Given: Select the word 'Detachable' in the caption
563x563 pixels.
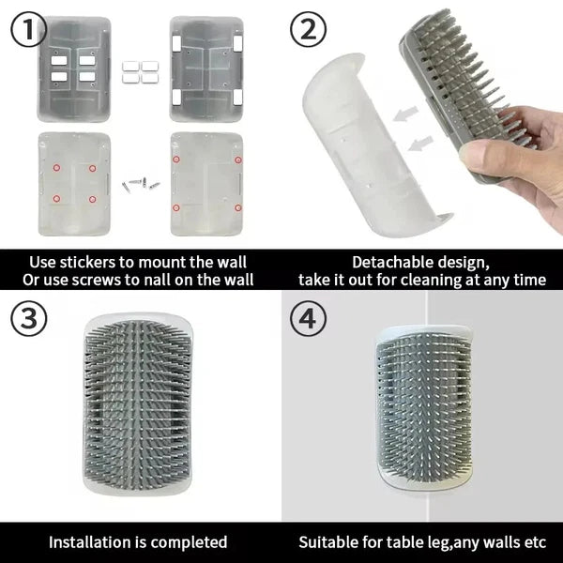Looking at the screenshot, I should tap(395, 262).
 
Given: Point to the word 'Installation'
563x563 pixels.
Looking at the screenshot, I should tap(94, 541).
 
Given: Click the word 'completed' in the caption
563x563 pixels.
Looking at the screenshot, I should tap(191, 541).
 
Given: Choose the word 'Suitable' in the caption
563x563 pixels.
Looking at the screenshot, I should tap(329, 541).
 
